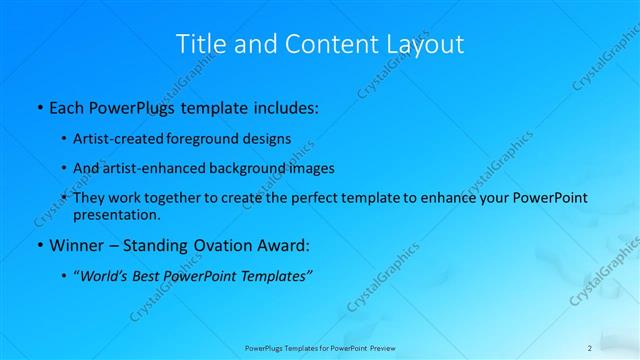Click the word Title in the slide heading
[x=200, y=45]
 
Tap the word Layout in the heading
[x=427, y=45]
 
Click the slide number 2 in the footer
[x=590, y=348]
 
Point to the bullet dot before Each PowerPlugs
[x=39, y=106]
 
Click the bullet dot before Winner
[x=39, y=245]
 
